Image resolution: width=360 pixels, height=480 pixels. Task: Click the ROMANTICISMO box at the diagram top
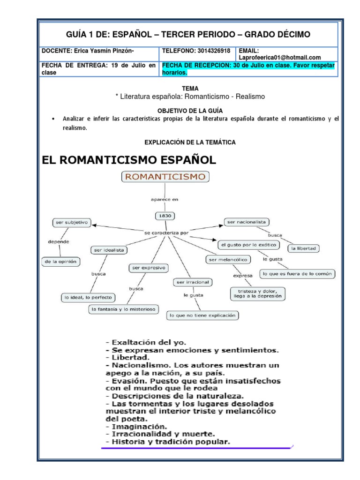165,177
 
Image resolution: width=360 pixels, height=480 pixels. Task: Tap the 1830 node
165,216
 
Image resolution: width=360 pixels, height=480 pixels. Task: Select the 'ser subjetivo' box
72,223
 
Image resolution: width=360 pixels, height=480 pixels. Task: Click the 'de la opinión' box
60,261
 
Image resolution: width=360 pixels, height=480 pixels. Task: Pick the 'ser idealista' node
109,250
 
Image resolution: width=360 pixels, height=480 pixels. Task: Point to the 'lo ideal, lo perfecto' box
89,297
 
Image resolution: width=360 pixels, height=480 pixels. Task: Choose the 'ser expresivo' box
148,268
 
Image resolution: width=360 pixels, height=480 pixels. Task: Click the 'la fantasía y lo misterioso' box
124,309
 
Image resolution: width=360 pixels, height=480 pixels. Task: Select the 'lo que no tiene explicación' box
202,315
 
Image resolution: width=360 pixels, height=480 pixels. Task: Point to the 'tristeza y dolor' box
258,293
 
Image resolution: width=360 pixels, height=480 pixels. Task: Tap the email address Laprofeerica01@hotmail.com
280,57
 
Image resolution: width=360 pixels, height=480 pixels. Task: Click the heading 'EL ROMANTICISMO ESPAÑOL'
129,160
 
